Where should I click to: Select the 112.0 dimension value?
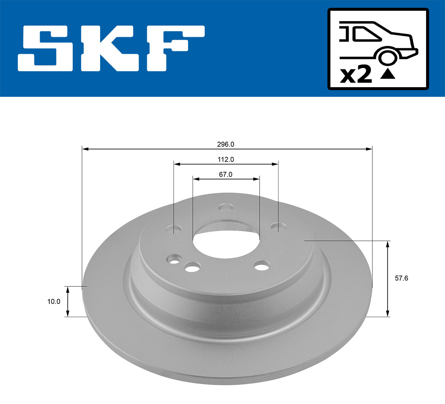[225, 160]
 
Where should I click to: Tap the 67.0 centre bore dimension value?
[225, 174]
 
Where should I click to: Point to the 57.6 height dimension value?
[401, 278]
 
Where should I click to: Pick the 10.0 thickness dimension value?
[53, 302]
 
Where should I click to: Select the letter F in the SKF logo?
[174, 48]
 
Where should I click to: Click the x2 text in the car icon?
[356, 75]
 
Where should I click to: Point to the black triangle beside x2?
[388, 75]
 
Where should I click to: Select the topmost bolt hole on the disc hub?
[225, 207]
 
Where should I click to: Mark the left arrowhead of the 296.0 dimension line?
[85, 149]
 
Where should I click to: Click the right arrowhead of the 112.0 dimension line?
[275, 164]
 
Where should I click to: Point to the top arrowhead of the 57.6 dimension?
[388, 243]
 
